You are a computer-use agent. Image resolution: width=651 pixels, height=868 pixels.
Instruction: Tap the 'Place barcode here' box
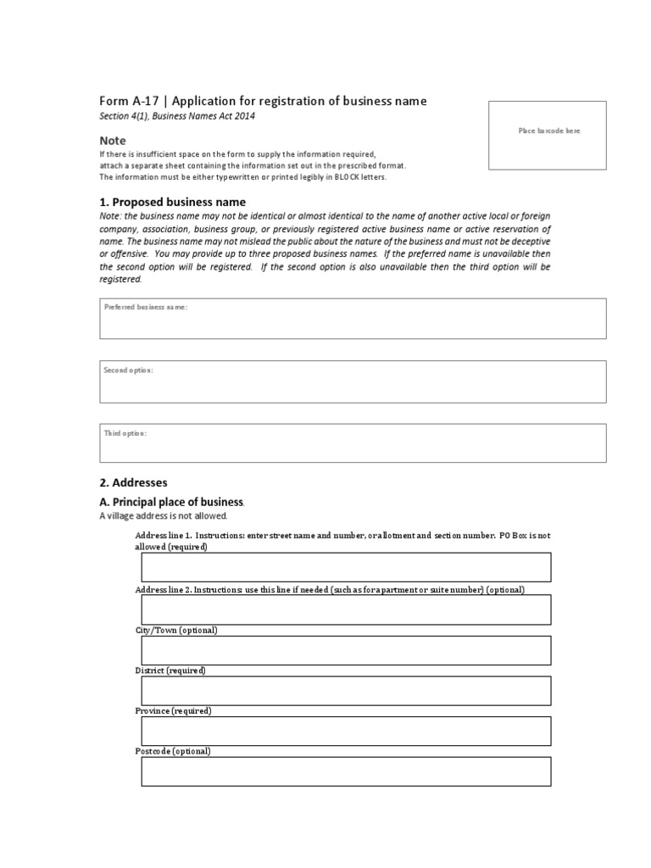(548, 135)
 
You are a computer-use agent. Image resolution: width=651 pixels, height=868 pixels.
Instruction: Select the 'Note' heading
(113, 141)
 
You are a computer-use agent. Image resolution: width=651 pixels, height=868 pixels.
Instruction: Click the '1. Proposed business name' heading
(172, 203)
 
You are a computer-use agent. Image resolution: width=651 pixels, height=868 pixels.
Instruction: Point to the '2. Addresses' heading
(133, 482)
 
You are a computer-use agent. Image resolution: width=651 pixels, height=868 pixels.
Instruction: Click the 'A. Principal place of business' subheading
(172, 502)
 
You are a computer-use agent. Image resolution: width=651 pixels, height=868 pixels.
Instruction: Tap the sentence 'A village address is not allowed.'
(164, 516)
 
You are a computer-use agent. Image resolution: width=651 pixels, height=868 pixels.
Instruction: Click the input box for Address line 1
(346, 568)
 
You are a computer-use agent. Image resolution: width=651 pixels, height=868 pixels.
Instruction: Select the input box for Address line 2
(346, 609)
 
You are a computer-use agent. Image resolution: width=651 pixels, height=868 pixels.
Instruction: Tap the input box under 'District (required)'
(346, 691)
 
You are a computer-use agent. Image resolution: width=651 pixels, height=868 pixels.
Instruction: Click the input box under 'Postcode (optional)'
(346, 771)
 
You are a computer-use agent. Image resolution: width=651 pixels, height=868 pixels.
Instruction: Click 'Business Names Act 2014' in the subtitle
(204, 116)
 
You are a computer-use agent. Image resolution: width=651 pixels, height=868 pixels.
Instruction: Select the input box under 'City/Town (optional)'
(346, 650)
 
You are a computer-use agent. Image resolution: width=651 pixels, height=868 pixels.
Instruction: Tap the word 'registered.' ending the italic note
(121, 279)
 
